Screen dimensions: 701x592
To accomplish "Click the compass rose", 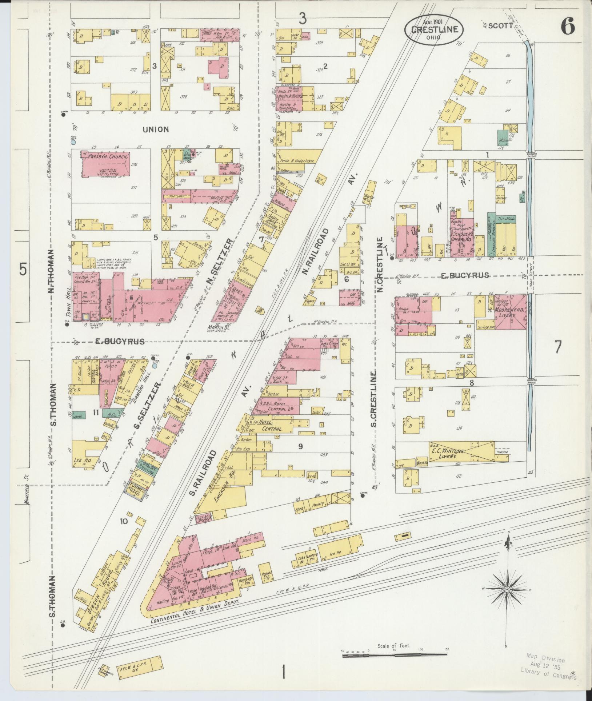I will pyautogui.click(x=507, y=589).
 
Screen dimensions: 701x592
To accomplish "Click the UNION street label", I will pyautogui.click(x=156, y=129).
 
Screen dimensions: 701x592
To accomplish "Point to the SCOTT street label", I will pyautogui.click(x=501, y=26).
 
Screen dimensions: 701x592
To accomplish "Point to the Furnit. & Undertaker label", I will pyautogui.click(x=296, y=160).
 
